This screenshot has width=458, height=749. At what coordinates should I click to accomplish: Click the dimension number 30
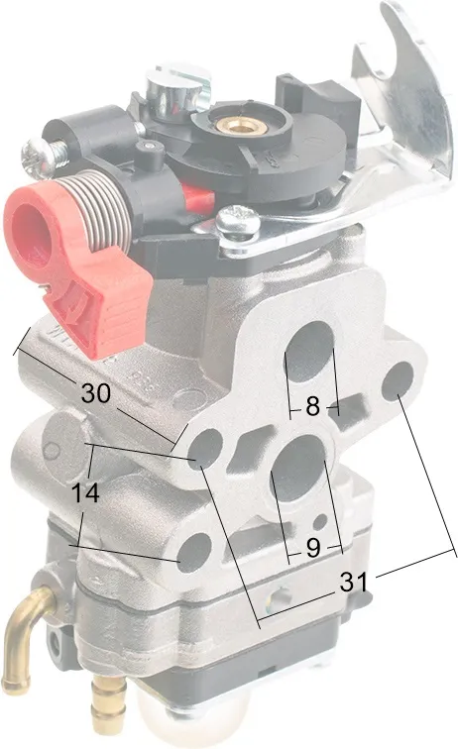click(x=96, y=393)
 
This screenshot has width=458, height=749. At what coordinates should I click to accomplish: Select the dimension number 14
click(x=85, y=492)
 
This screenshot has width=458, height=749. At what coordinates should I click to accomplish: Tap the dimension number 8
click(x=312, y=406)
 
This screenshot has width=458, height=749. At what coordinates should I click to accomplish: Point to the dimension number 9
click(x=313, y=547)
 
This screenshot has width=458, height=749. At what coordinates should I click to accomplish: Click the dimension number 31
click(x=354, y=582)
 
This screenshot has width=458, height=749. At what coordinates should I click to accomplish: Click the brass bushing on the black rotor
click(x=235, y=125)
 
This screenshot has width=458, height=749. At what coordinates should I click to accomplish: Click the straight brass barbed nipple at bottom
click(x=109, y=698)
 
